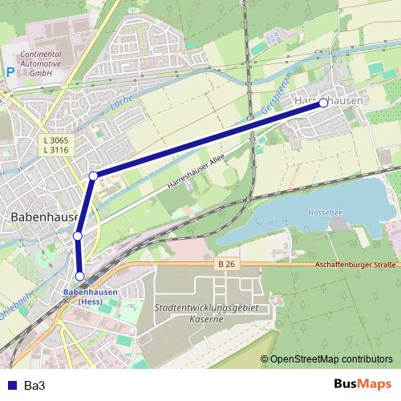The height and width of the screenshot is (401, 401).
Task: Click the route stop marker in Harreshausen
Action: click(x=323, y=103)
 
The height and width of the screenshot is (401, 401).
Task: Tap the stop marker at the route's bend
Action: click(x=94, y=176)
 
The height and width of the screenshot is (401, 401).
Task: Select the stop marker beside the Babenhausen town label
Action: click(x=78, y=236)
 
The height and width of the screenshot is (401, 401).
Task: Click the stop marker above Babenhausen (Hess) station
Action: click(x=80, y=276)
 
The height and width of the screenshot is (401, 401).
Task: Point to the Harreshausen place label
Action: click(x=329, y=102)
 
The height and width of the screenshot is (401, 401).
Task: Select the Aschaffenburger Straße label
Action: click(x=356, y=264)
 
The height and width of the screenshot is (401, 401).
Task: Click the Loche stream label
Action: click(x=122, y=104)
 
